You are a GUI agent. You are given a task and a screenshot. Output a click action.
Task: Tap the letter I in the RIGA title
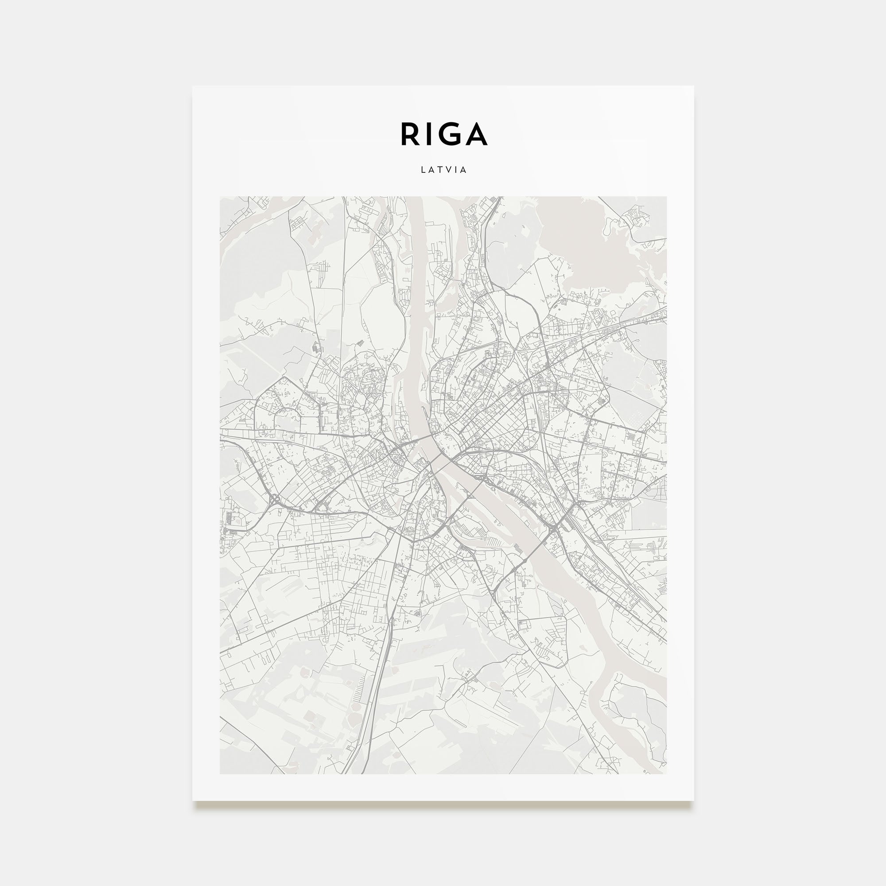point(430,134)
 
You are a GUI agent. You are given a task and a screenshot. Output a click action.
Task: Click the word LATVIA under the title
point(443,170)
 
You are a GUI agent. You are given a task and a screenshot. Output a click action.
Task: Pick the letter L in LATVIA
point(423,170)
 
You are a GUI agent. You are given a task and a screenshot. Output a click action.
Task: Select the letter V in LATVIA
point(449,170)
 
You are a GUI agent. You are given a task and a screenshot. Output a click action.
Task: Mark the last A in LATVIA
point(464,170)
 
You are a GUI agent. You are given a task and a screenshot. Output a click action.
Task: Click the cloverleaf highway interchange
point(276,499)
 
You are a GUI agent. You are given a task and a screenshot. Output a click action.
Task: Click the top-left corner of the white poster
point(193,87)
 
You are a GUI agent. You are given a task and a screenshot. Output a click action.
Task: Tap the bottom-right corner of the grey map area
point(666,773)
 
